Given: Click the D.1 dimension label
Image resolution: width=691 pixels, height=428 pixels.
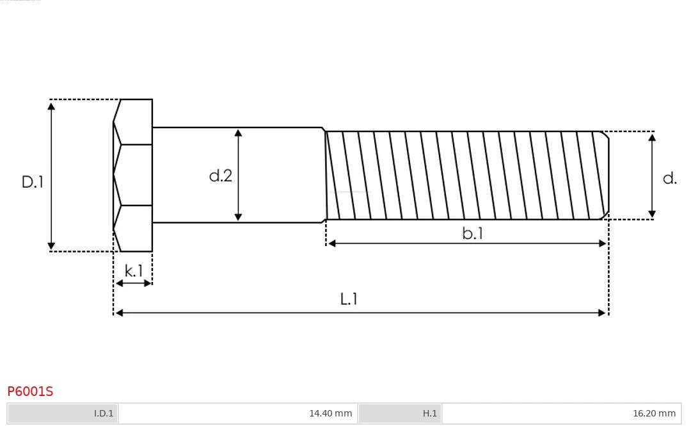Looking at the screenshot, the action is point(33,182).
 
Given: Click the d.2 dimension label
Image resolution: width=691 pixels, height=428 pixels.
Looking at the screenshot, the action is point(220,176).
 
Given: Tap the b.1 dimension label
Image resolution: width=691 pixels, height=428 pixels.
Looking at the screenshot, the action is point(472,233).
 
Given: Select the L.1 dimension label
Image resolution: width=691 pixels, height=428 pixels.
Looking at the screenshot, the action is point(349,299).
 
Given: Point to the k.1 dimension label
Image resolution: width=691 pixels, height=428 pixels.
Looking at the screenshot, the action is point(134,270).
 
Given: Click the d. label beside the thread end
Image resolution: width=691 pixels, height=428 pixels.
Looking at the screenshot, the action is point(669,178).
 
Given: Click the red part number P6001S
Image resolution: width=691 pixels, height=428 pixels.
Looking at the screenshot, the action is point(30,391).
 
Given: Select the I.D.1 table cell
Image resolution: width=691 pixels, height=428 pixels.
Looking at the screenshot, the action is point(63,413).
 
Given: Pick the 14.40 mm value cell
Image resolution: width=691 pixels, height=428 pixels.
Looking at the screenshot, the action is point(238,413).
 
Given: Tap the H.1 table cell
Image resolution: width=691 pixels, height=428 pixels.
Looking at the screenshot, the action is point(400,413).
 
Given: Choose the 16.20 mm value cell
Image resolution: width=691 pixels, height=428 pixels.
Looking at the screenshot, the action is point(562,413).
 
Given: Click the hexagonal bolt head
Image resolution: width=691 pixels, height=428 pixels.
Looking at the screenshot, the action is point(132,176).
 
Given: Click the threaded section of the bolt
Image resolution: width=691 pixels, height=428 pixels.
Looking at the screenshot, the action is point(467,175).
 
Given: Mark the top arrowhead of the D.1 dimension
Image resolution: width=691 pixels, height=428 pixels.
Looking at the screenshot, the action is point(51,106).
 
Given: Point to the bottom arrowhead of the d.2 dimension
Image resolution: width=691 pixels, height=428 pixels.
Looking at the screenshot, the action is point(238,217).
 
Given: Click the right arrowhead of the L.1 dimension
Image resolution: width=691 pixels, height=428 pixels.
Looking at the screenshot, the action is point(602,313).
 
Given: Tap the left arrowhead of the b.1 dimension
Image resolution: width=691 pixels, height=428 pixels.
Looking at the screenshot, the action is point(332,243).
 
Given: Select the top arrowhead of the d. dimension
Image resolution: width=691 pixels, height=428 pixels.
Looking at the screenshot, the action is point(652,137).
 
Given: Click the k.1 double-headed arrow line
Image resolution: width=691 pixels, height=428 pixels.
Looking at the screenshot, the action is point(133,283).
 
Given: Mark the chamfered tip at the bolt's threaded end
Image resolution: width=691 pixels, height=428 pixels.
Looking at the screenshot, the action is point(606,175).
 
